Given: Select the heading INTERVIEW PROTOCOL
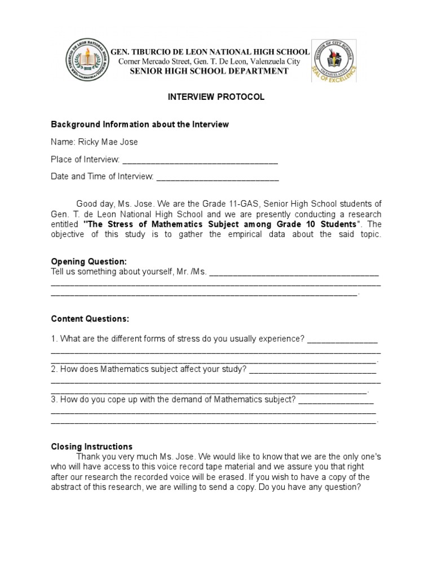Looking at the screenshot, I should (216, 97).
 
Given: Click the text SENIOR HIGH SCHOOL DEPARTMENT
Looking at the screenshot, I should (209, 71).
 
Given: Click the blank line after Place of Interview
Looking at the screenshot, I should (200, 160).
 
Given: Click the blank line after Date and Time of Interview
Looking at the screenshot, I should (217, 177).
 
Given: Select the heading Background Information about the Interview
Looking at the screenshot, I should (140, 124).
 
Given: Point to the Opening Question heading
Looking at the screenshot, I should (89, 262).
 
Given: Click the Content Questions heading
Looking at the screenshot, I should (90, 319).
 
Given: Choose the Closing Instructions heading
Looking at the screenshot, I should (91, 446).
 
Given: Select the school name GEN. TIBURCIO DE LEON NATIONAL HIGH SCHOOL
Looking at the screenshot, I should (210, 52).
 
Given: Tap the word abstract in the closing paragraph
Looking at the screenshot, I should (65, 487).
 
